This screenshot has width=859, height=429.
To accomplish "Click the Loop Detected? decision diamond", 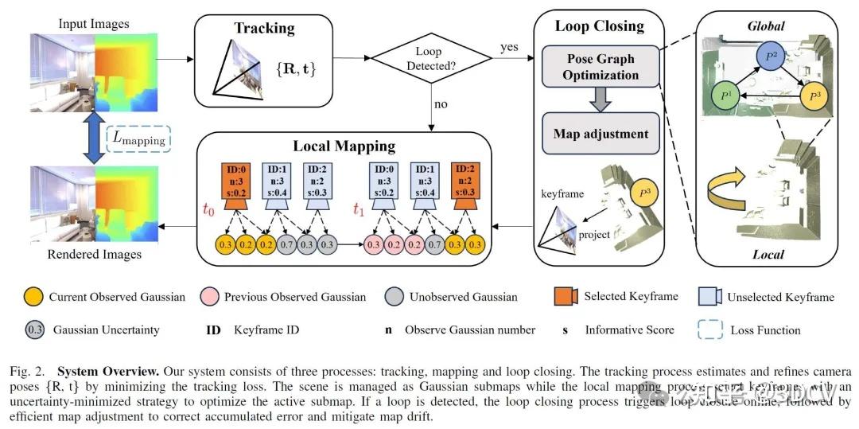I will pos(430,59).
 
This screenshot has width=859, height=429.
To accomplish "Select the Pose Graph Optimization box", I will pos(601,66).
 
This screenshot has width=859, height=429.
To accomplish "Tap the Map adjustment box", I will pos(601,135).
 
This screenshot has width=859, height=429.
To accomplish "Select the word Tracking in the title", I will pos(264,28).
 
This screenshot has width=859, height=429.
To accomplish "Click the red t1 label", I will pos(359,212).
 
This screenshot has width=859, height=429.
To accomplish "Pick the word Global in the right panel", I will pos(765,26).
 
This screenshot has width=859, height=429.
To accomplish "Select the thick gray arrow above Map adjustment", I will pos(601,100).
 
